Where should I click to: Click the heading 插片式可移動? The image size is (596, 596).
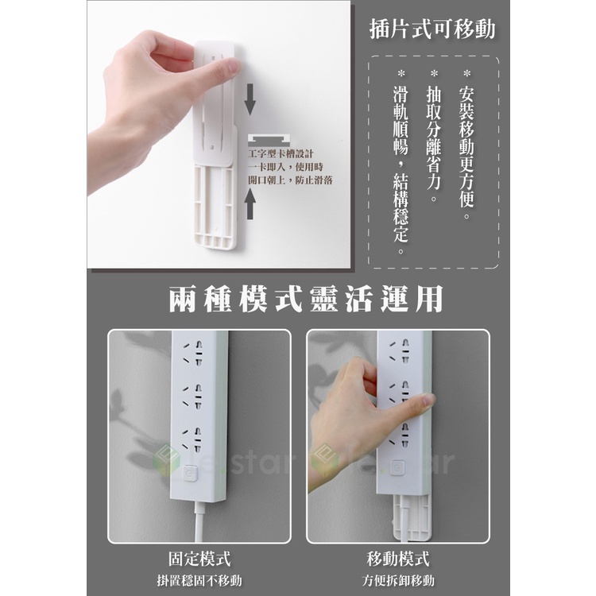[432, 29]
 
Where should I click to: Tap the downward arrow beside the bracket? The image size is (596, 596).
[250, 100]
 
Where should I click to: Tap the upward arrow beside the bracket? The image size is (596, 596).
[250, 204]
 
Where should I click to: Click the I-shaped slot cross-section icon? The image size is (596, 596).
[269, 140]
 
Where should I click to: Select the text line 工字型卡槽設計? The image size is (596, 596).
[281, 154]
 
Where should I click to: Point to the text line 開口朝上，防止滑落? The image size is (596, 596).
[290, 180]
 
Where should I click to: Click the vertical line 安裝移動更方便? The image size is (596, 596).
[466, 145]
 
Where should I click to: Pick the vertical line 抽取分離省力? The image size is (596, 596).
[434, 136]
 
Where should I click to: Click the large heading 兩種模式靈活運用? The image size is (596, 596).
[306, 299]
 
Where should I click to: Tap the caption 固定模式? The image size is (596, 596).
[199, 559]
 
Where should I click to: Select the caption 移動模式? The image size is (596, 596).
[398, 559]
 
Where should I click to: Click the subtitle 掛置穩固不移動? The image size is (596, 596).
[199, 580]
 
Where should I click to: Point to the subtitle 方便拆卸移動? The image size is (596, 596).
[398, 580]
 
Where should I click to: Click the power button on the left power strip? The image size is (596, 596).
[188, 474]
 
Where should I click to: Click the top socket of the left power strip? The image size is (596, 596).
[193, 354]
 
